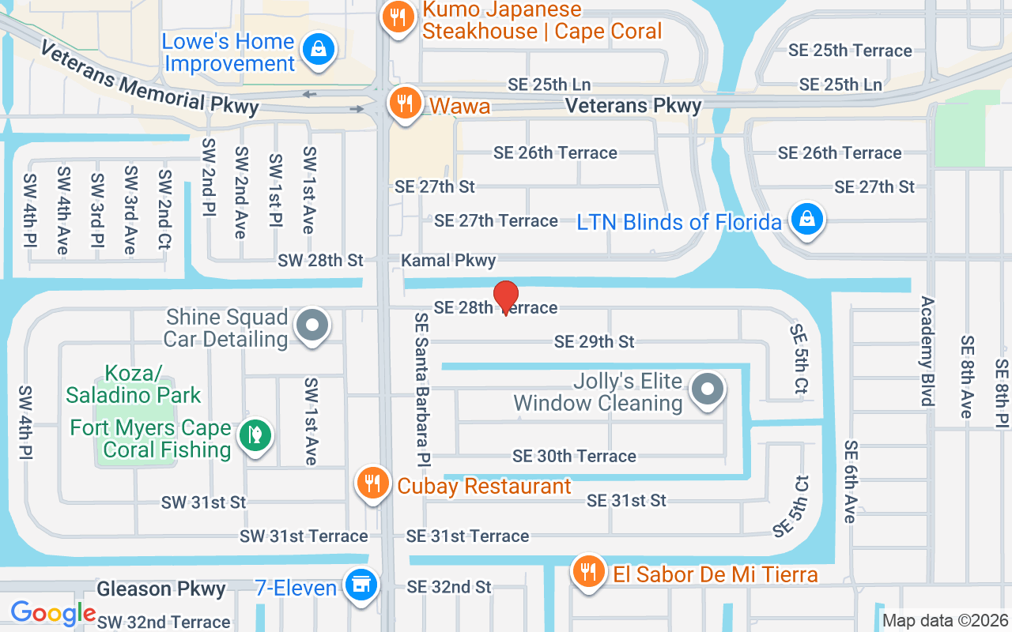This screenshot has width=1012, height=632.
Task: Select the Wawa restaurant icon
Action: pos(405,103)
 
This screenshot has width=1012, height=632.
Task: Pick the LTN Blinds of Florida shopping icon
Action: pos(807,219)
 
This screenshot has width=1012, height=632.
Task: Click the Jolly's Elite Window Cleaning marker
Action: pos(708,389)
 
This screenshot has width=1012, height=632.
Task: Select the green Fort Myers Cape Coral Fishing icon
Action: pos(255,435)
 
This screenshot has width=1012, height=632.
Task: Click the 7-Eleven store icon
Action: pos(361,585)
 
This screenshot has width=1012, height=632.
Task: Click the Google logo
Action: pos(53,613)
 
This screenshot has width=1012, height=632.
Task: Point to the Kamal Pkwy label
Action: pos(448,260)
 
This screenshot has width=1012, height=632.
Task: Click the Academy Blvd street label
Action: pos(927,351)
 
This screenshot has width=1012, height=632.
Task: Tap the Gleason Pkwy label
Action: pos(161,589)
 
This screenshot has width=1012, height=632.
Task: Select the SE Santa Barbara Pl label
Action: pos(421,387)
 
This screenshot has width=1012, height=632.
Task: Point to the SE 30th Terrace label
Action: pos(574,456)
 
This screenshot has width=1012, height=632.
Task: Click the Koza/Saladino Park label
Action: pos(134,383)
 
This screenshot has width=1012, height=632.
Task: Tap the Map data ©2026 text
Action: pos(945,620)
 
